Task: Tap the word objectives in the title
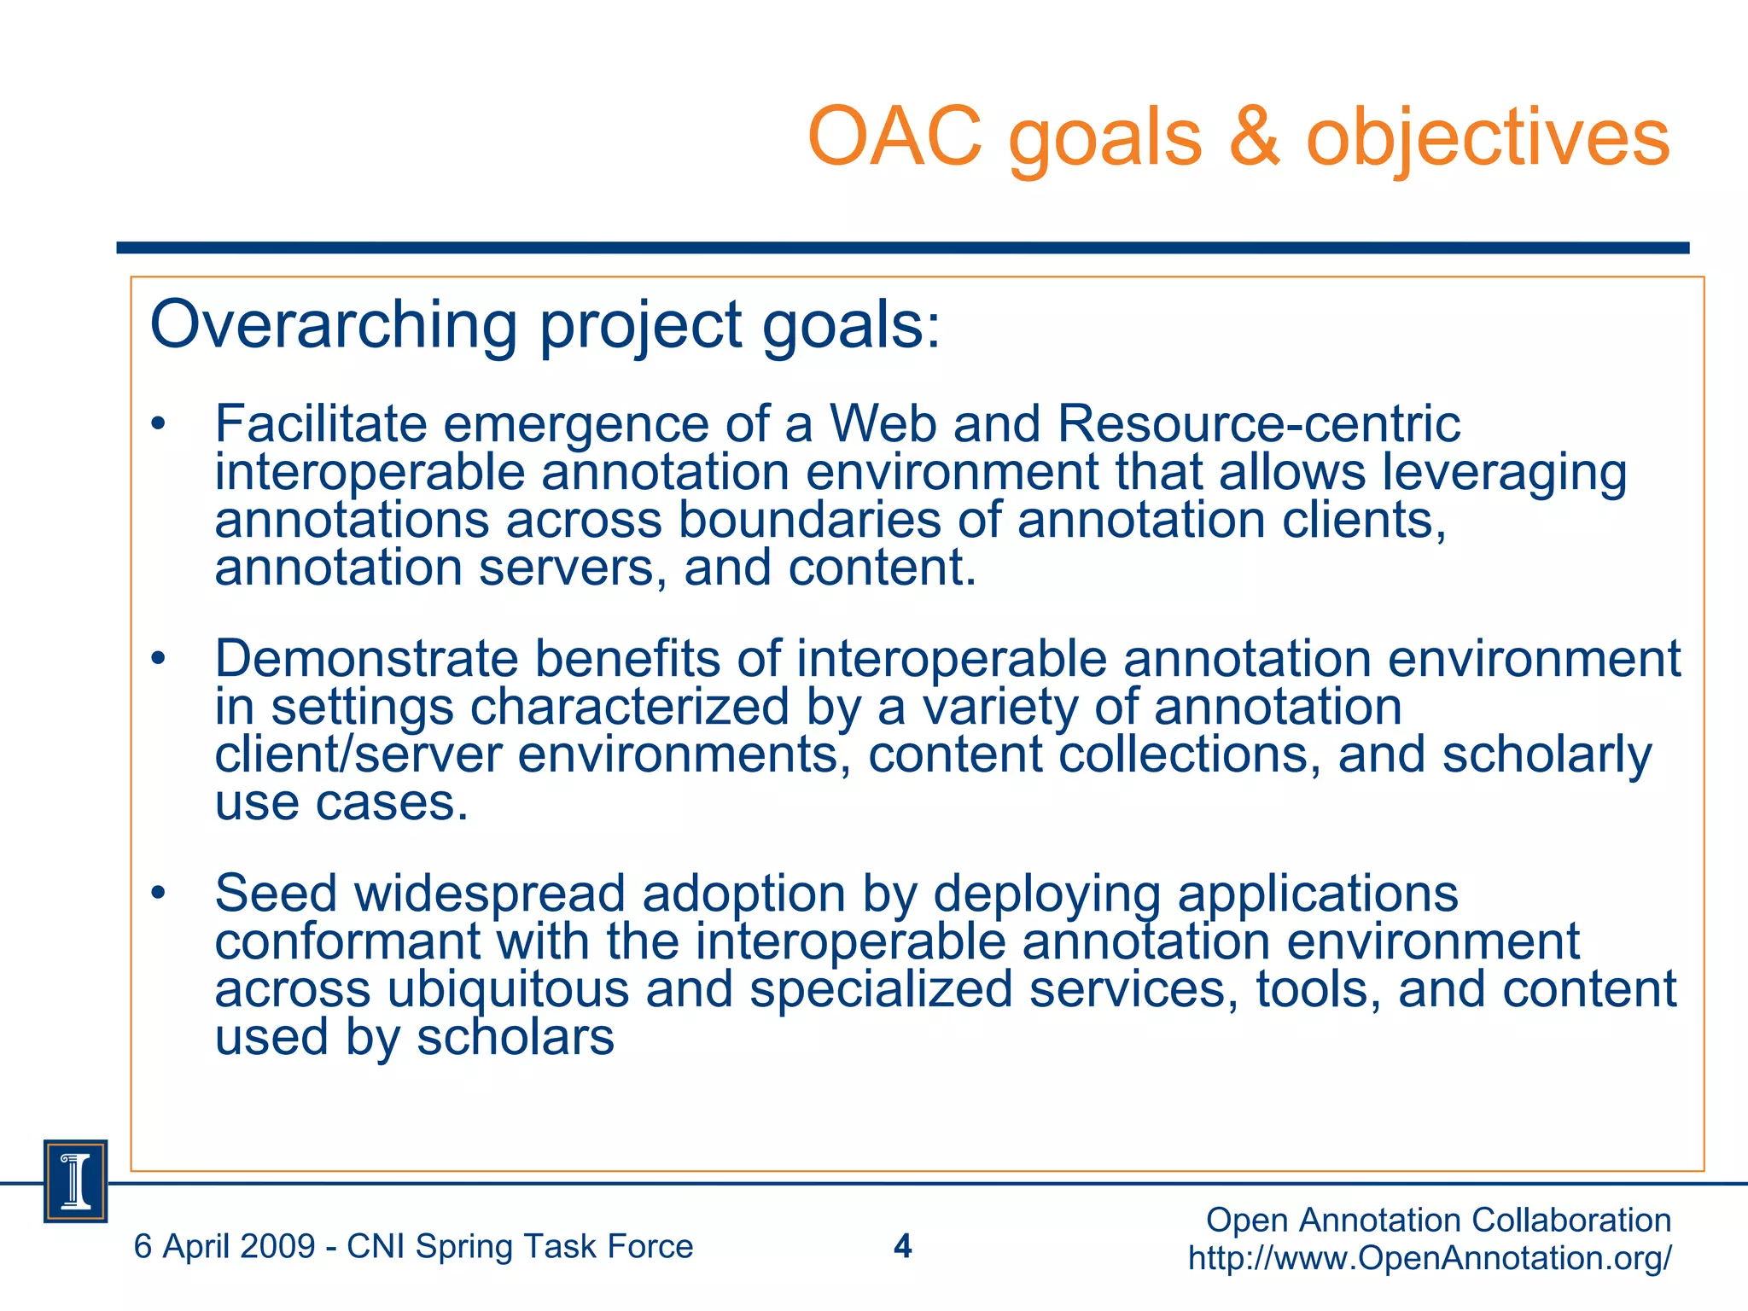pyautogui.click(x=1488, y=138)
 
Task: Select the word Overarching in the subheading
pyautogui.click(x=333, y=326)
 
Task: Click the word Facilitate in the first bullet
pyautogui.click(x=320, y=423)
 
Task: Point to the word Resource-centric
pyautogui.click(x=1258, y=423)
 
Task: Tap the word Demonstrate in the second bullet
pyautogui.click(x=366, y=659)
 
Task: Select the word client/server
pyautogui.click(x=358, y=755)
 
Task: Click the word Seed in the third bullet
pyautogui.click(x=276, y=894)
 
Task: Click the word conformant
pyautogui.click(x=347, y=941)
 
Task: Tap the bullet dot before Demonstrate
pyautogui.click(x=158, y=659)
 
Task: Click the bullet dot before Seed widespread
pyautogui.click(x=158, y=894)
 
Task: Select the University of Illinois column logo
pyautogui.click(x=76, y=1181)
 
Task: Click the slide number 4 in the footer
pyautogui.click(x=902, y=1247)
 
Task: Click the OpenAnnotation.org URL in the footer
pyautogui.click(x=1430, y=1258)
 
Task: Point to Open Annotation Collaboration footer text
pyautogui.click(x=1438, y=1221)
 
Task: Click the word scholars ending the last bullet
pyautogui.click(x=516, y=1038)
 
